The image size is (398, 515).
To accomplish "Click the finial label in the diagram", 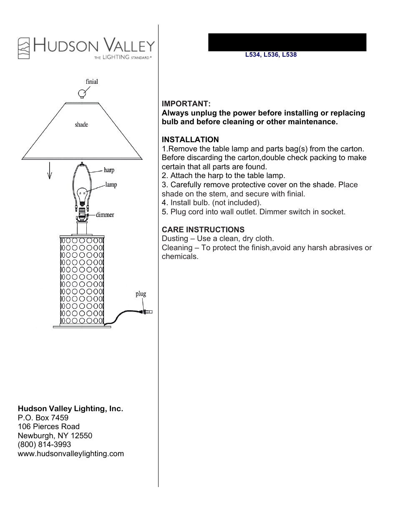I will tap(92, 82).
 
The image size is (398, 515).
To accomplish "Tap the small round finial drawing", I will tap(82, 93).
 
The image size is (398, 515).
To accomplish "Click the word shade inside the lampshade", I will tap(81, 125).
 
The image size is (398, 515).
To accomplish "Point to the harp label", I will tap(109, 170).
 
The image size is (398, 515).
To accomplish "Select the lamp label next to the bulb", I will tap(111, 185).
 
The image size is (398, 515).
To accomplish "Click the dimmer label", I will tap(105, 215).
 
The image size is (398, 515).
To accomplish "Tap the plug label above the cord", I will tap(141, 294).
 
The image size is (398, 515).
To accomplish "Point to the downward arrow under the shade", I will tap(50, 171).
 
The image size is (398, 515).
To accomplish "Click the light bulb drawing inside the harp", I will tap(82, 194).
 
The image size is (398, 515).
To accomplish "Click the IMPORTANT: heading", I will tap(186, 104).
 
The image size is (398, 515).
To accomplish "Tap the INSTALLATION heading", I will tap(190, 140).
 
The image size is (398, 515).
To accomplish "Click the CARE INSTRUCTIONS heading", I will tap(203, 230).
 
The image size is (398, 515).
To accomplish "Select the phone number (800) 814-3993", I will tap(44, 445).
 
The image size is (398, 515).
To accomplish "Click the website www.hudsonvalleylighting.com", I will tap(71, 454).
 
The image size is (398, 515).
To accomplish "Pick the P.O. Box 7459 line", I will tap(43, 418).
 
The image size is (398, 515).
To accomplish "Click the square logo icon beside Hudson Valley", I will tap(24, 48).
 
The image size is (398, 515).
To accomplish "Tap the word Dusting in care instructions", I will tap(175, 239).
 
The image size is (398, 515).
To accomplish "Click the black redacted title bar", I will tap(287, 43).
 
